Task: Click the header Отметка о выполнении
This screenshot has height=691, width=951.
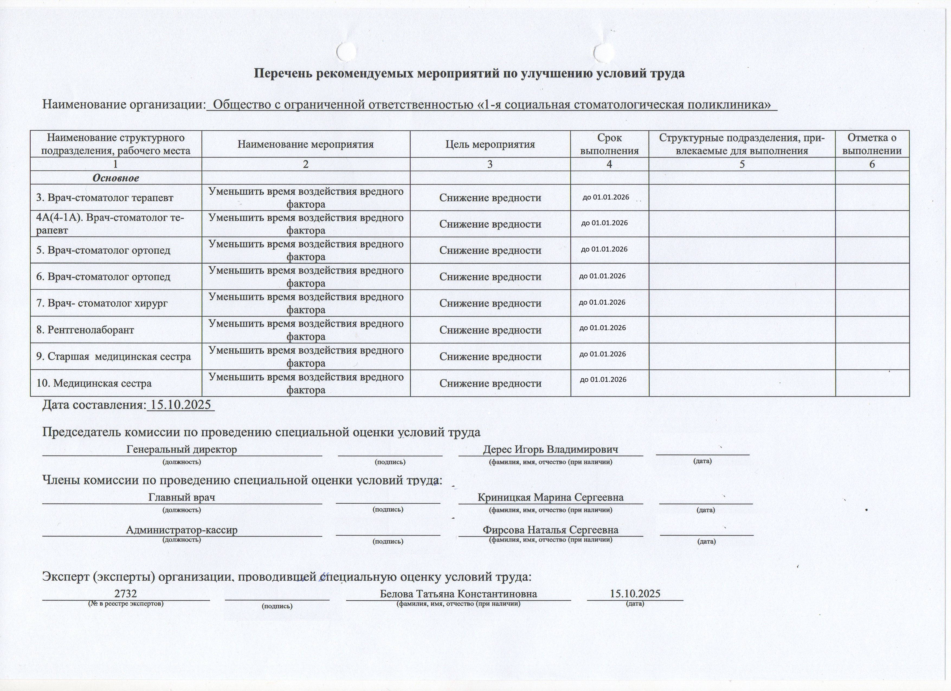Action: pos(872,144)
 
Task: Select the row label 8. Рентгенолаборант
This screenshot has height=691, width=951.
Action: pos(85,330)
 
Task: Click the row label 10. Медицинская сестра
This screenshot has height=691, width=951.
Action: pos(94,383)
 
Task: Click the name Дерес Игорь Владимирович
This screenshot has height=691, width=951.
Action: pos(550,450)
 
